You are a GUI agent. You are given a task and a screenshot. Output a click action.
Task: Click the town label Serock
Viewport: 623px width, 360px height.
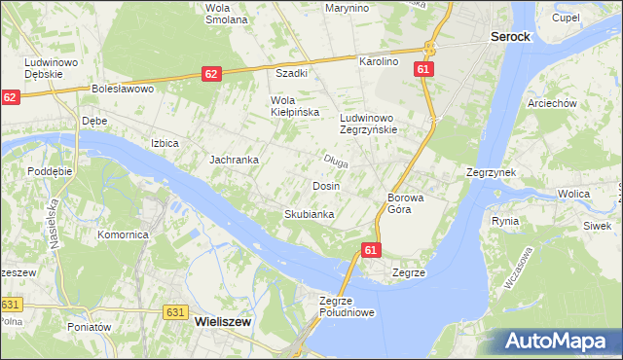[x=510, y=36]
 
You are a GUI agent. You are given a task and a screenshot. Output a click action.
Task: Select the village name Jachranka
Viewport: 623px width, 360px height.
[x=234, y=159]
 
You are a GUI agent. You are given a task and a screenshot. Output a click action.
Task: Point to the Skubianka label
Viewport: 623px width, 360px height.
[x=310, y=214]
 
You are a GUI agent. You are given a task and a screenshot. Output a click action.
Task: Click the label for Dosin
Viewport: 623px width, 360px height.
[x=325, y=185]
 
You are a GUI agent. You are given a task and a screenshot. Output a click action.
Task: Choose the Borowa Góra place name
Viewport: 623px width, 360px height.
[x=406, y=202]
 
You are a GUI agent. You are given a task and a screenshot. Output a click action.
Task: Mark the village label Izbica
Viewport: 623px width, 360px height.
[x=165, y=143]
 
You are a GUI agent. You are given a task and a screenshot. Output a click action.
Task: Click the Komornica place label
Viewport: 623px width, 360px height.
[x=123, y=234]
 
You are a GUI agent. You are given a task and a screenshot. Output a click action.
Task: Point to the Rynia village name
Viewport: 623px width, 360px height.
[x=505, y=221]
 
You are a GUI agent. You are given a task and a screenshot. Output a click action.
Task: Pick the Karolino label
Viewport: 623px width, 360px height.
[x=379, y=61]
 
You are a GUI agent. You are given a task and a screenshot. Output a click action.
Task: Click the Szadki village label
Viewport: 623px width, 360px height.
[x=292, y=73]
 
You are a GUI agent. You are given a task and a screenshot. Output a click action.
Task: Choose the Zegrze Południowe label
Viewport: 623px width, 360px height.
[x=347, y=306]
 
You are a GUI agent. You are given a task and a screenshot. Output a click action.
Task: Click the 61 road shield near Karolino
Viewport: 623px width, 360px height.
[x=422, y=69]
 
